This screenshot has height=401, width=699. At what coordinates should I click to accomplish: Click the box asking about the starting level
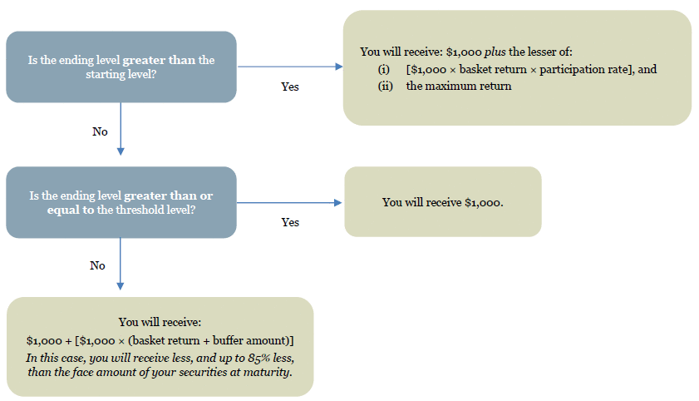click(121, 67)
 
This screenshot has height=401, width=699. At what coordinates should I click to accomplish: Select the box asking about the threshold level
click(121, 202)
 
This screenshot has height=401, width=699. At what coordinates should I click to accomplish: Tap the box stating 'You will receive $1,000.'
click(443, 201)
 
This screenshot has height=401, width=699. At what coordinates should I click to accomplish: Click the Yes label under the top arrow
click(290, 87)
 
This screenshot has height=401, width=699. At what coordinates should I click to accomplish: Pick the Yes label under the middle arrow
click(290, 222)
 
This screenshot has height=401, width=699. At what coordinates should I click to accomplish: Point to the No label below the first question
click(100, 131)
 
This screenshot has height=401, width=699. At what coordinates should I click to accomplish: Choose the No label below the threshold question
click(97, 265)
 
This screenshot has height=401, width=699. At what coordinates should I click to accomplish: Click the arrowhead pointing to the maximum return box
click(339, 67)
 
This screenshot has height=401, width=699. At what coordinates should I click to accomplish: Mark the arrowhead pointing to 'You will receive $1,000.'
click(338, 202)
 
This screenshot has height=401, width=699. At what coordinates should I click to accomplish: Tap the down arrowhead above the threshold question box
click(121, 151)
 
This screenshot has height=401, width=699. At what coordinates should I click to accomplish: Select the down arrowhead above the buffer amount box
click(120, 286)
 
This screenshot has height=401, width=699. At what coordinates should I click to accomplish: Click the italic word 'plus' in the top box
click(495, 52)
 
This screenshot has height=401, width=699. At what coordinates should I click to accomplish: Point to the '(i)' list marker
click(384, 70)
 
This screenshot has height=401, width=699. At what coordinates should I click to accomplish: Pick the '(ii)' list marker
click(386, 86)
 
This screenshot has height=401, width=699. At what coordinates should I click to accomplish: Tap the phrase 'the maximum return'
click(459, 86)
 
